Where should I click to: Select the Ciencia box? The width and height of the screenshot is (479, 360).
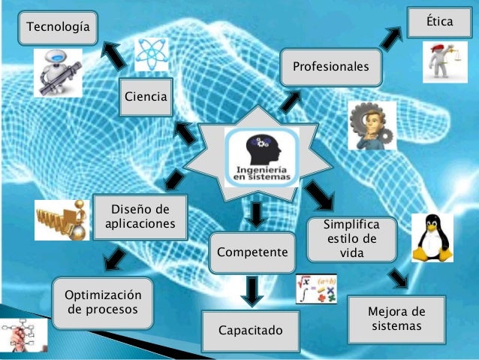(x=146, y=96)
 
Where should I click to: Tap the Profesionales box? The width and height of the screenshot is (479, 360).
(x=330, y=67)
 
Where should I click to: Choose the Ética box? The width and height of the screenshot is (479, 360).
(x=439, y=22)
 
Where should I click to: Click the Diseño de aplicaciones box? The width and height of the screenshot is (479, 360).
(x=140, y=216)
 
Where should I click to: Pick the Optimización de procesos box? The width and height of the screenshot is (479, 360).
(x=102, y=301)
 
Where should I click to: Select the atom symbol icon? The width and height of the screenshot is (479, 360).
(x=152, y=54)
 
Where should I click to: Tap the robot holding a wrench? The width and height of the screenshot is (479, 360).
(x=58, y=73)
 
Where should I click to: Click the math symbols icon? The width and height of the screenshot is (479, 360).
(x=315, y=289)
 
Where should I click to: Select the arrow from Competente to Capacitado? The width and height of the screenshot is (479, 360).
(x=252, y=291)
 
